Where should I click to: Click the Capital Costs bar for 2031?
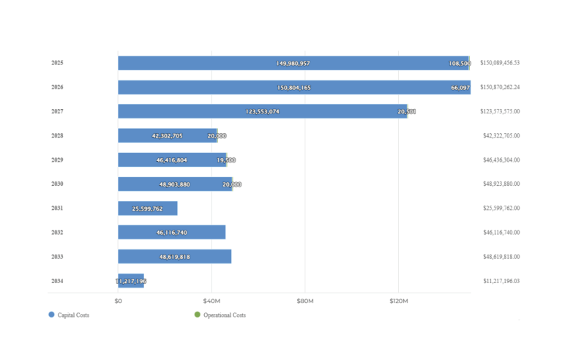pos(147,209)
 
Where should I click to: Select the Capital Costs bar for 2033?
pos(174,257)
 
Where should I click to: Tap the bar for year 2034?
pos(130,281)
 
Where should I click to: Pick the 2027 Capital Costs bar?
pos(262,111)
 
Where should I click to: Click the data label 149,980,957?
pos(293,64)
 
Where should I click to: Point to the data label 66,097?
pos(460,88)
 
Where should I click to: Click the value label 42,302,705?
pos(167,136)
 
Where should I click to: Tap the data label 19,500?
pos(226,160)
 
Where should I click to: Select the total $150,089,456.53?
pos(500,63)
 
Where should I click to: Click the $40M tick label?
pos(211,301)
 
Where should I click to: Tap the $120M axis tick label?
pos(398,301)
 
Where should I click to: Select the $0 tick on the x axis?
pos(119,301)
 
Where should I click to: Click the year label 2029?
pos(57,160)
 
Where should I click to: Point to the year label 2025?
pos(57,63)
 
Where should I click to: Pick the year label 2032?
pos(57,233)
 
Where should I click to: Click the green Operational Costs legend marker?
pos(198,315)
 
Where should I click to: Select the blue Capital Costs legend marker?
pos(51,315)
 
